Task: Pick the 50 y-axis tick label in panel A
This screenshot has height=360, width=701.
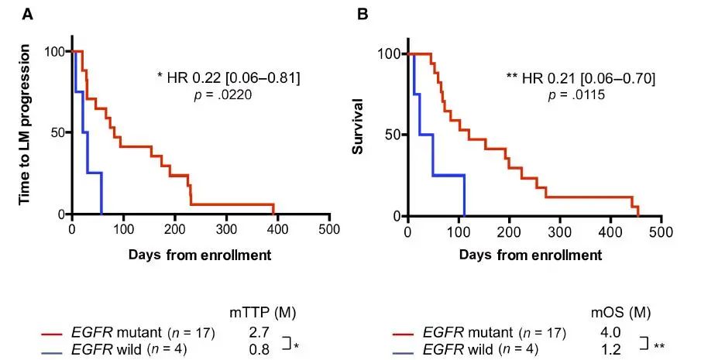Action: pyautogui.click(x=55, y=132)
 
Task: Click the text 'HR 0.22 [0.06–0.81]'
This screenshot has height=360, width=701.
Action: pyautogui.click(x=233, y=77)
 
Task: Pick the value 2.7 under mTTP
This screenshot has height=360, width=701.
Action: pyautogui.click(x=260, y=333)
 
